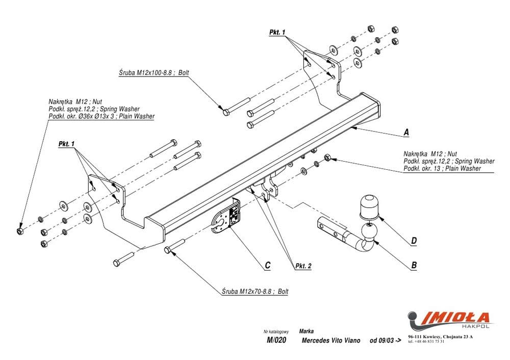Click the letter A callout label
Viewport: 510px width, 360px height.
pyautogui.click(x=406, y=132)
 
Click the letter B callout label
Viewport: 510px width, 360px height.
pyautogui.click(x=414, y=265)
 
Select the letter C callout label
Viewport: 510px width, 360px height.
pyautogui.click(x=267, y=265)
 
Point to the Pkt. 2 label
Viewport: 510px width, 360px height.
pyautogui.click(x=303, y=266)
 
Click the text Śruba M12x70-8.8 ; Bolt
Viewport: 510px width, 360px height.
pyautogui.click(x=255, y=292)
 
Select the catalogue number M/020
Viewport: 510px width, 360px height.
pyautogui.click(x=276, y=341)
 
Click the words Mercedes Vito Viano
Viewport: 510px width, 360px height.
pyautogui.click(x=331, y=341)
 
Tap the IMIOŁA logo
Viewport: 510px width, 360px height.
pyautogui.click(x=449, y=319)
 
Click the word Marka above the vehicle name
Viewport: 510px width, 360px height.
pyautogui.click(x=307, y=330)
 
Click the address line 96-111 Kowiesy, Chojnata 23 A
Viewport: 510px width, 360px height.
pyautogui.click(x=441, y=337)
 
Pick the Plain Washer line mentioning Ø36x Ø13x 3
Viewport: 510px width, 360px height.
pyautogui.click(x=101, y=116)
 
